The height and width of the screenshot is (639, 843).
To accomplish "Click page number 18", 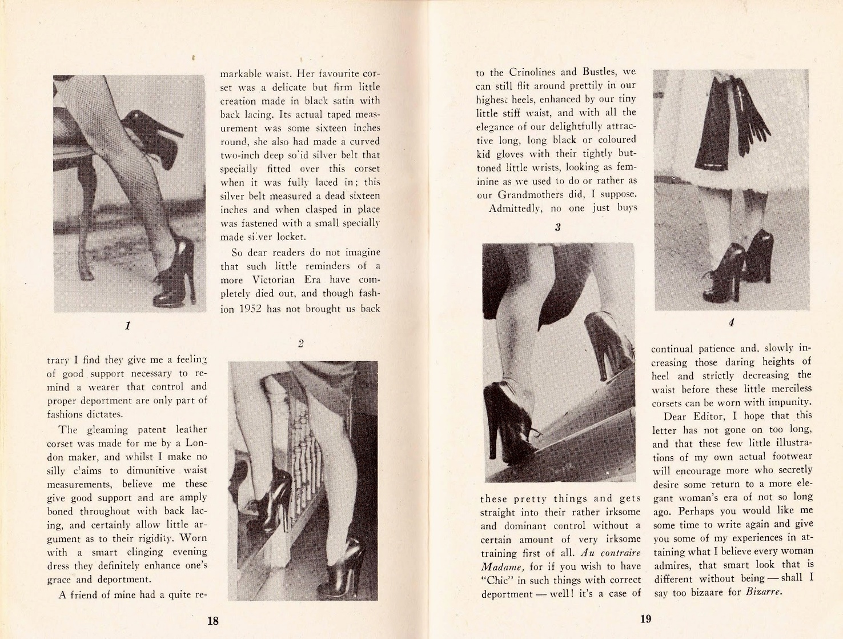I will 212,621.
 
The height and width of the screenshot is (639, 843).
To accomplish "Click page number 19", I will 645,618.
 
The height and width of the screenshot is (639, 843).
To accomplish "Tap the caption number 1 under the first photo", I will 127,326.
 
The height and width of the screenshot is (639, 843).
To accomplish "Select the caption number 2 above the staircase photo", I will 300,344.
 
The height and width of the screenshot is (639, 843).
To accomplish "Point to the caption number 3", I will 557,227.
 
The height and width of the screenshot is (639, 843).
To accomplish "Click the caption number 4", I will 731,322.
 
